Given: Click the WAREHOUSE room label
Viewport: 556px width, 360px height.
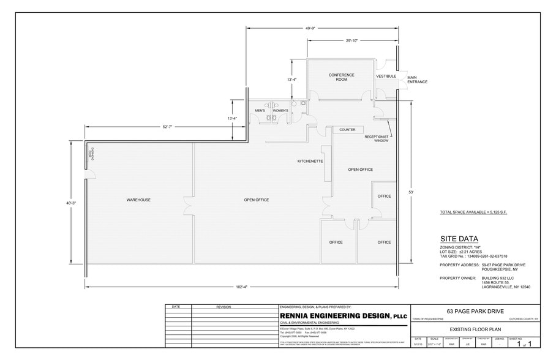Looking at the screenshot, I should point(138,200).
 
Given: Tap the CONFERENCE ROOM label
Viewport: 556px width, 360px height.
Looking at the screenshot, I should point(342,77).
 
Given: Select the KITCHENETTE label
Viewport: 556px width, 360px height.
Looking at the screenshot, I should point(310,162).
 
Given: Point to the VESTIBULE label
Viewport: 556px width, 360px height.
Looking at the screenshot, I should point(386,76).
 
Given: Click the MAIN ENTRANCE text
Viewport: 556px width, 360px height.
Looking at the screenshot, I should point(417,80).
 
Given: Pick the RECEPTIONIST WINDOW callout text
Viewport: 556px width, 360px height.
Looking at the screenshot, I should point(377,138).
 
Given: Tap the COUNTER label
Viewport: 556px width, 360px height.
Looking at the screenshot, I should point(347,130).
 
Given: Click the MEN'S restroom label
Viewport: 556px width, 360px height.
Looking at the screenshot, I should point(260,110).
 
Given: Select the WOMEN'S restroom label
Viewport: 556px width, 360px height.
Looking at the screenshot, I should point(280,110).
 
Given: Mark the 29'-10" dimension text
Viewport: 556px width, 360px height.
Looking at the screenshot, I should point(351,41).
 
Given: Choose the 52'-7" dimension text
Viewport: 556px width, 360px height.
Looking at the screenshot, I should point(167,127).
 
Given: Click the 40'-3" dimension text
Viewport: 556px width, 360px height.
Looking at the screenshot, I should point(71,203).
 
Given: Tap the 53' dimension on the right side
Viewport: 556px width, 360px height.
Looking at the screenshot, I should point(411,192).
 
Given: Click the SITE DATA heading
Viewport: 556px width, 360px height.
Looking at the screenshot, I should point(459,239).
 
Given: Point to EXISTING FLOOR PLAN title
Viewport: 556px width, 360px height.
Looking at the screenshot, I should point(475,329).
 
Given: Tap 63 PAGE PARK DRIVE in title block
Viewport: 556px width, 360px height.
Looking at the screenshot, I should point(475,311).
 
